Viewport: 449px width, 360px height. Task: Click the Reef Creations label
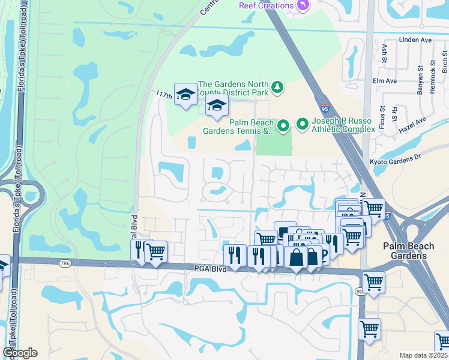pos(266,5)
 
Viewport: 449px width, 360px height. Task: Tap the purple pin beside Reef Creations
pos(304,5)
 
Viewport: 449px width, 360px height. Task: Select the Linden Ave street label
pos(415,40)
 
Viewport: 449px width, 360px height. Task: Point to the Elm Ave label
pos(385,81)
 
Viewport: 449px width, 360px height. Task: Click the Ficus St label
pos(382,118)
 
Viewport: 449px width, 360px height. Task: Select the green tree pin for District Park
pos(277,88)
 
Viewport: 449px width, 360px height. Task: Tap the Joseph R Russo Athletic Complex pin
pos(303,124)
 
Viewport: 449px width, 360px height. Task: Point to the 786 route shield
pos(64,263)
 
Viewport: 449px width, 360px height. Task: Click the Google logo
pos(20,353)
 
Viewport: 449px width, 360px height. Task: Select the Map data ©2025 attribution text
pos(423,355)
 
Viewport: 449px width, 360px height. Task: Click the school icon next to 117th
pos(186,94)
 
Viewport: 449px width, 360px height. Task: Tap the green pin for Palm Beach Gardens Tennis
pos(284,125)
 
